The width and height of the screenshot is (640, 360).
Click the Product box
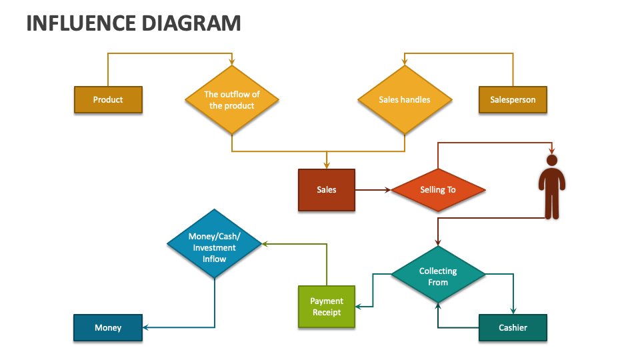[x=107, y=100]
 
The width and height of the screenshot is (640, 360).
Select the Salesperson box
[x=512, y=100]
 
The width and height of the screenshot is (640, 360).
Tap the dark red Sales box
[x=326, y=190]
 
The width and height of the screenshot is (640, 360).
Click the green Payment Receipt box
[x=326, y=307]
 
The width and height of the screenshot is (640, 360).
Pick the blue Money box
[x=107, y=327]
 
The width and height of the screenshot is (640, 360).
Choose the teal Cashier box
[x=512, y=327]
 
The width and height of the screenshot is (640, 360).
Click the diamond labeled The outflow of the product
[x=231, y=100]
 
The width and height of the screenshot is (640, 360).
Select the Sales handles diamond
[x=404, y=100]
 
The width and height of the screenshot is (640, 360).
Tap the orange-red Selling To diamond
[x=437, y=190]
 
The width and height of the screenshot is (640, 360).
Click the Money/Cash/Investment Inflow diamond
[x=214, y=244]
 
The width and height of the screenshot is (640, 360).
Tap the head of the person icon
[x=551, y=161]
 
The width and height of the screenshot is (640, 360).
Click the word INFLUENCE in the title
[x=80, y=23]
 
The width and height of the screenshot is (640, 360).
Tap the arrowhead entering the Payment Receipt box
[x=359, y=307]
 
